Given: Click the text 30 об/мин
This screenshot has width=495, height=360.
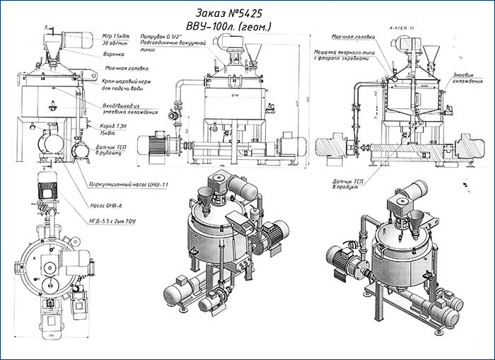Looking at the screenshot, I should pyautogui.click(x=115, y=42).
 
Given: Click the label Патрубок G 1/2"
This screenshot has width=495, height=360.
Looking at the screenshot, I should pyautogui.click(x=162, y=35).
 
